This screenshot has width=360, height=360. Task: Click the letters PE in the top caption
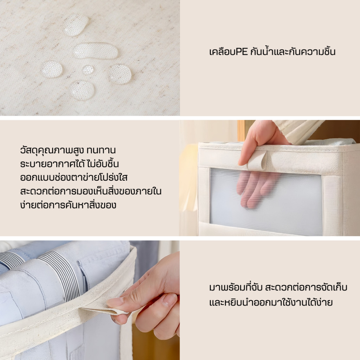[241, 52]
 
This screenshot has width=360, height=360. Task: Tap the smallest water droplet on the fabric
[88, 70]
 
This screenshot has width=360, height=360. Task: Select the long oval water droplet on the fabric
[96, 51]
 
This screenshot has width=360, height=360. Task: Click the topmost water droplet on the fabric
[76, 25]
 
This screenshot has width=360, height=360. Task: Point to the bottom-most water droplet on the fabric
[82, 90]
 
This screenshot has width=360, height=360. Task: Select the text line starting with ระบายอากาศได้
[70, 164]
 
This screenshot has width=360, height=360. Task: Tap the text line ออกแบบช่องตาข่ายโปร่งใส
[74, 178]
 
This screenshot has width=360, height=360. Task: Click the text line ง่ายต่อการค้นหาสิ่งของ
[68, 205]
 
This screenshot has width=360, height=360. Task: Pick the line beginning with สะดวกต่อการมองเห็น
[91, 191]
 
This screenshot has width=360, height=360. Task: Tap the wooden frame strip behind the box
[241, 130]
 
